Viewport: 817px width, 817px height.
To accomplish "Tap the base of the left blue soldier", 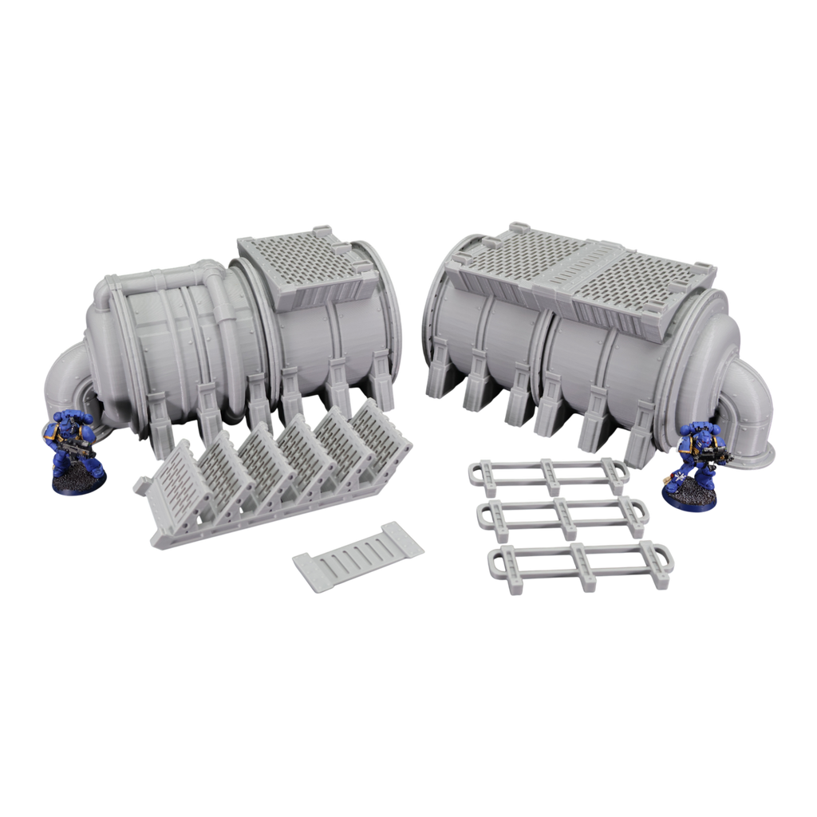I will (77, 482).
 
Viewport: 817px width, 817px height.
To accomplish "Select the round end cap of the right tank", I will (702, 351).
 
